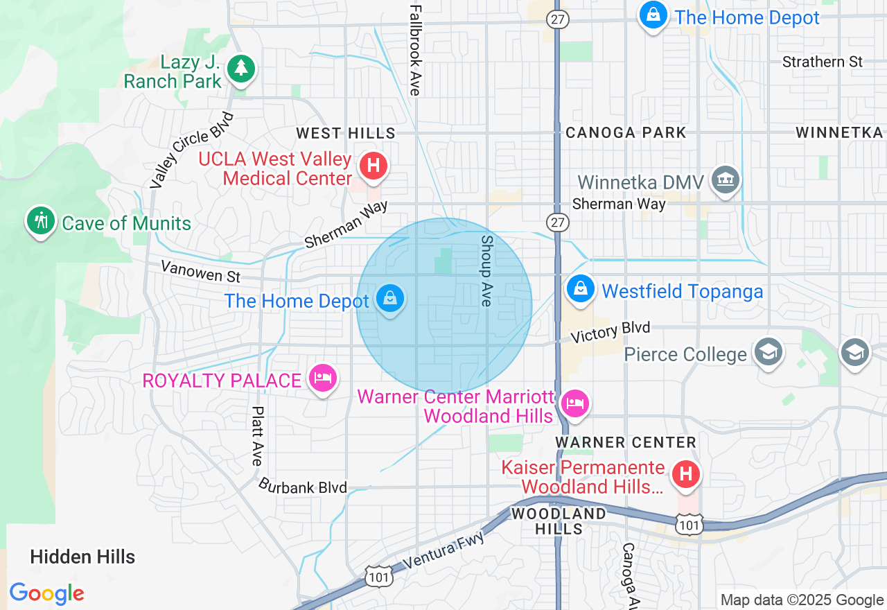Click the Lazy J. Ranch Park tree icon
240,68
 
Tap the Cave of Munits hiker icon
40,220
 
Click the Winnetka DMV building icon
725,180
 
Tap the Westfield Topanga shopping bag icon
580,288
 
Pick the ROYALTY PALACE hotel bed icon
323,378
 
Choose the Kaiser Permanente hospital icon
686,474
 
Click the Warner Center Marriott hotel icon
574,403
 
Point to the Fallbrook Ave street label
415,50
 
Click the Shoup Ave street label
486,270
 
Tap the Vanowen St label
200,271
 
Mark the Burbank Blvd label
302,486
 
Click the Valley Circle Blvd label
192,150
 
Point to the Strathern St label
822,62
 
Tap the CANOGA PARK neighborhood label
626,132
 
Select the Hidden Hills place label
82,557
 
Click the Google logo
46,593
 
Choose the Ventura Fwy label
441,551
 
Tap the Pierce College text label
685,354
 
